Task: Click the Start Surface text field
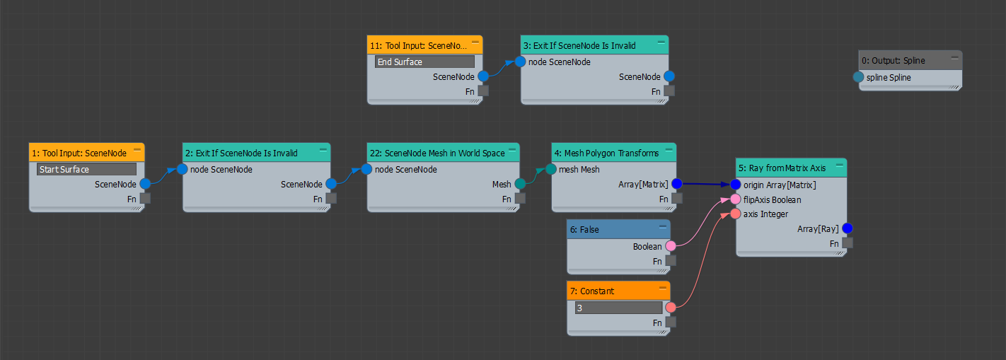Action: coord(86,170)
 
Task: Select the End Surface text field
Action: coord(424,62)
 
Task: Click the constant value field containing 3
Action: coord(618,308)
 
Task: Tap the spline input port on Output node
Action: coord(858,77)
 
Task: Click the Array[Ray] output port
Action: coord(848,228)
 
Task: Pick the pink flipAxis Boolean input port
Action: coord(736,199)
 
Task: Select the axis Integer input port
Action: coord(736,214)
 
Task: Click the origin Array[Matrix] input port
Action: coord(736,185)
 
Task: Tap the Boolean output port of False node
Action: coord(671,246)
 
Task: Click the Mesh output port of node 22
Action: coord(520,184)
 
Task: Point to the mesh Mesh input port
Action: coord(551,170)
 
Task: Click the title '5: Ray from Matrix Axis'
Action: coord(782,168)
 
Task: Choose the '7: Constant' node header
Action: coord(592,291)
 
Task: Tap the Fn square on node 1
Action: coord(145,199)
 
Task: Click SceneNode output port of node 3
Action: coord(669,76)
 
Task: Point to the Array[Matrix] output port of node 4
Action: coord(677,184)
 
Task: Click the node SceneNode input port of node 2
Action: coord(182,169)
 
